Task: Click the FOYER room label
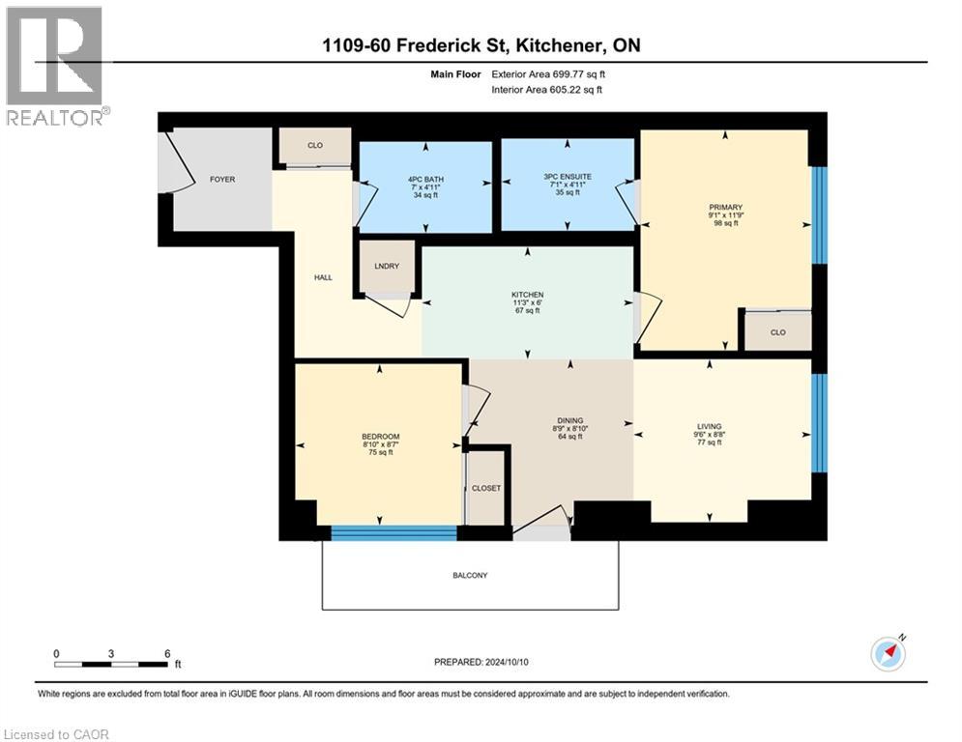pyautogui.click(x=222, y=180)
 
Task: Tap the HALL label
pyautogui.click(x=323, y=277)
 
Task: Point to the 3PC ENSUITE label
pyautogui.click(x=568, y=177)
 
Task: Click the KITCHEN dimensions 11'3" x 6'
pyautogui.click(x=527, y=303)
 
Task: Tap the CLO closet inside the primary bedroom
pyautogui.click(x=777, y=332)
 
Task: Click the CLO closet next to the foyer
pyautogui.click(x=314, y=146)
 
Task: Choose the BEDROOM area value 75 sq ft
pyautogui.click(x=378, y=453)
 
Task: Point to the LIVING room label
pyautogui.click(x=710, y=426)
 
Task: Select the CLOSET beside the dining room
pyautogui.click(x=486, y=488)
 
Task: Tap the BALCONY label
pyautogui.click(x=470, y=576)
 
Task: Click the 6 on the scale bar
pyautogui.click(x=167, y=653)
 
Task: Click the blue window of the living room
pyautogui.click(x=819, y=423)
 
